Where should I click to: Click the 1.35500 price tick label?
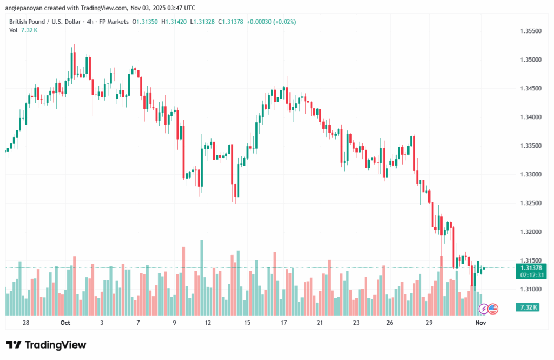[x=530, y=31]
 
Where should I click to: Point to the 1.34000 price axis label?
[x=530, y=117]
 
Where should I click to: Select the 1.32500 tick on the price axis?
[x=530, y=203]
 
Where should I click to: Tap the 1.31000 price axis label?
[x=530, y=289]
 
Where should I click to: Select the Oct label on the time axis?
[x=65, y=323]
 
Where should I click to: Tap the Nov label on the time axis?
[x=480, y=323]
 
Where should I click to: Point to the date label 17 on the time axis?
[x=283, y=323]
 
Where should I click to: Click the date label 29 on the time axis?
[x=428, y=323]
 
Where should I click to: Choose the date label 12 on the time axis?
[x=208, y=323]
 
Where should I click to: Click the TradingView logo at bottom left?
[x=46, y=345]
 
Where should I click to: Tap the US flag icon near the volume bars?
[x=493, y=309]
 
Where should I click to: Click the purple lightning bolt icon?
[x=484, y=309]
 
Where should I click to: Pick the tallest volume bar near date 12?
[x=202, y=277]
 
